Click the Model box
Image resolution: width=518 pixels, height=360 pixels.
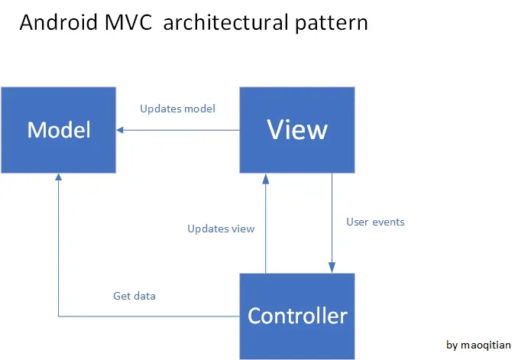(x=58, y=130)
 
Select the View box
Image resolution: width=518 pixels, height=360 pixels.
(x=297, y=130)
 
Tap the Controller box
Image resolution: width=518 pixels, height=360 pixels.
(x=297, y=316)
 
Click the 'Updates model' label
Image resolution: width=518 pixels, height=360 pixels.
(x=177, y=109)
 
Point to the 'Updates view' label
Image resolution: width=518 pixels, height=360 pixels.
(x=221, y=229)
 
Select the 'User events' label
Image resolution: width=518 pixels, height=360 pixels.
(x=375, y=222)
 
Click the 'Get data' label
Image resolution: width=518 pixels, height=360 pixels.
(x=134, y=296)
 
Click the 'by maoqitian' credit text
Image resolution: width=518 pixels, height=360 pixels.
(x=478, y=345)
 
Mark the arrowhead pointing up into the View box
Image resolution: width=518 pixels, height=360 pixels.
(x=265, y=178)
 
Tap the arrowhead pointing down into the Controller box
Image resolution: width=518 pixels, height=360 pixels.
(x=332, y=268)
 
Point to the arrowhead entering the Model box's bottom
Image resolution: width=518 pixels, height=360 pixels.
(x=58, y=178)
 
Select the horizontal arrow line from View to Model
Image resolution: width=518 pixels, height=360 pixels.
(x=183, y=130)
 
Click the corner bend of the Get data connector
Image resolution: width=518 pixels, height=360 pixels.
(x=58, y=316)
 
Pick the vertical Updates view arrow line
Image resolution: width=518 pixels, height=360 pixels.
(x=265, y=229)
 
